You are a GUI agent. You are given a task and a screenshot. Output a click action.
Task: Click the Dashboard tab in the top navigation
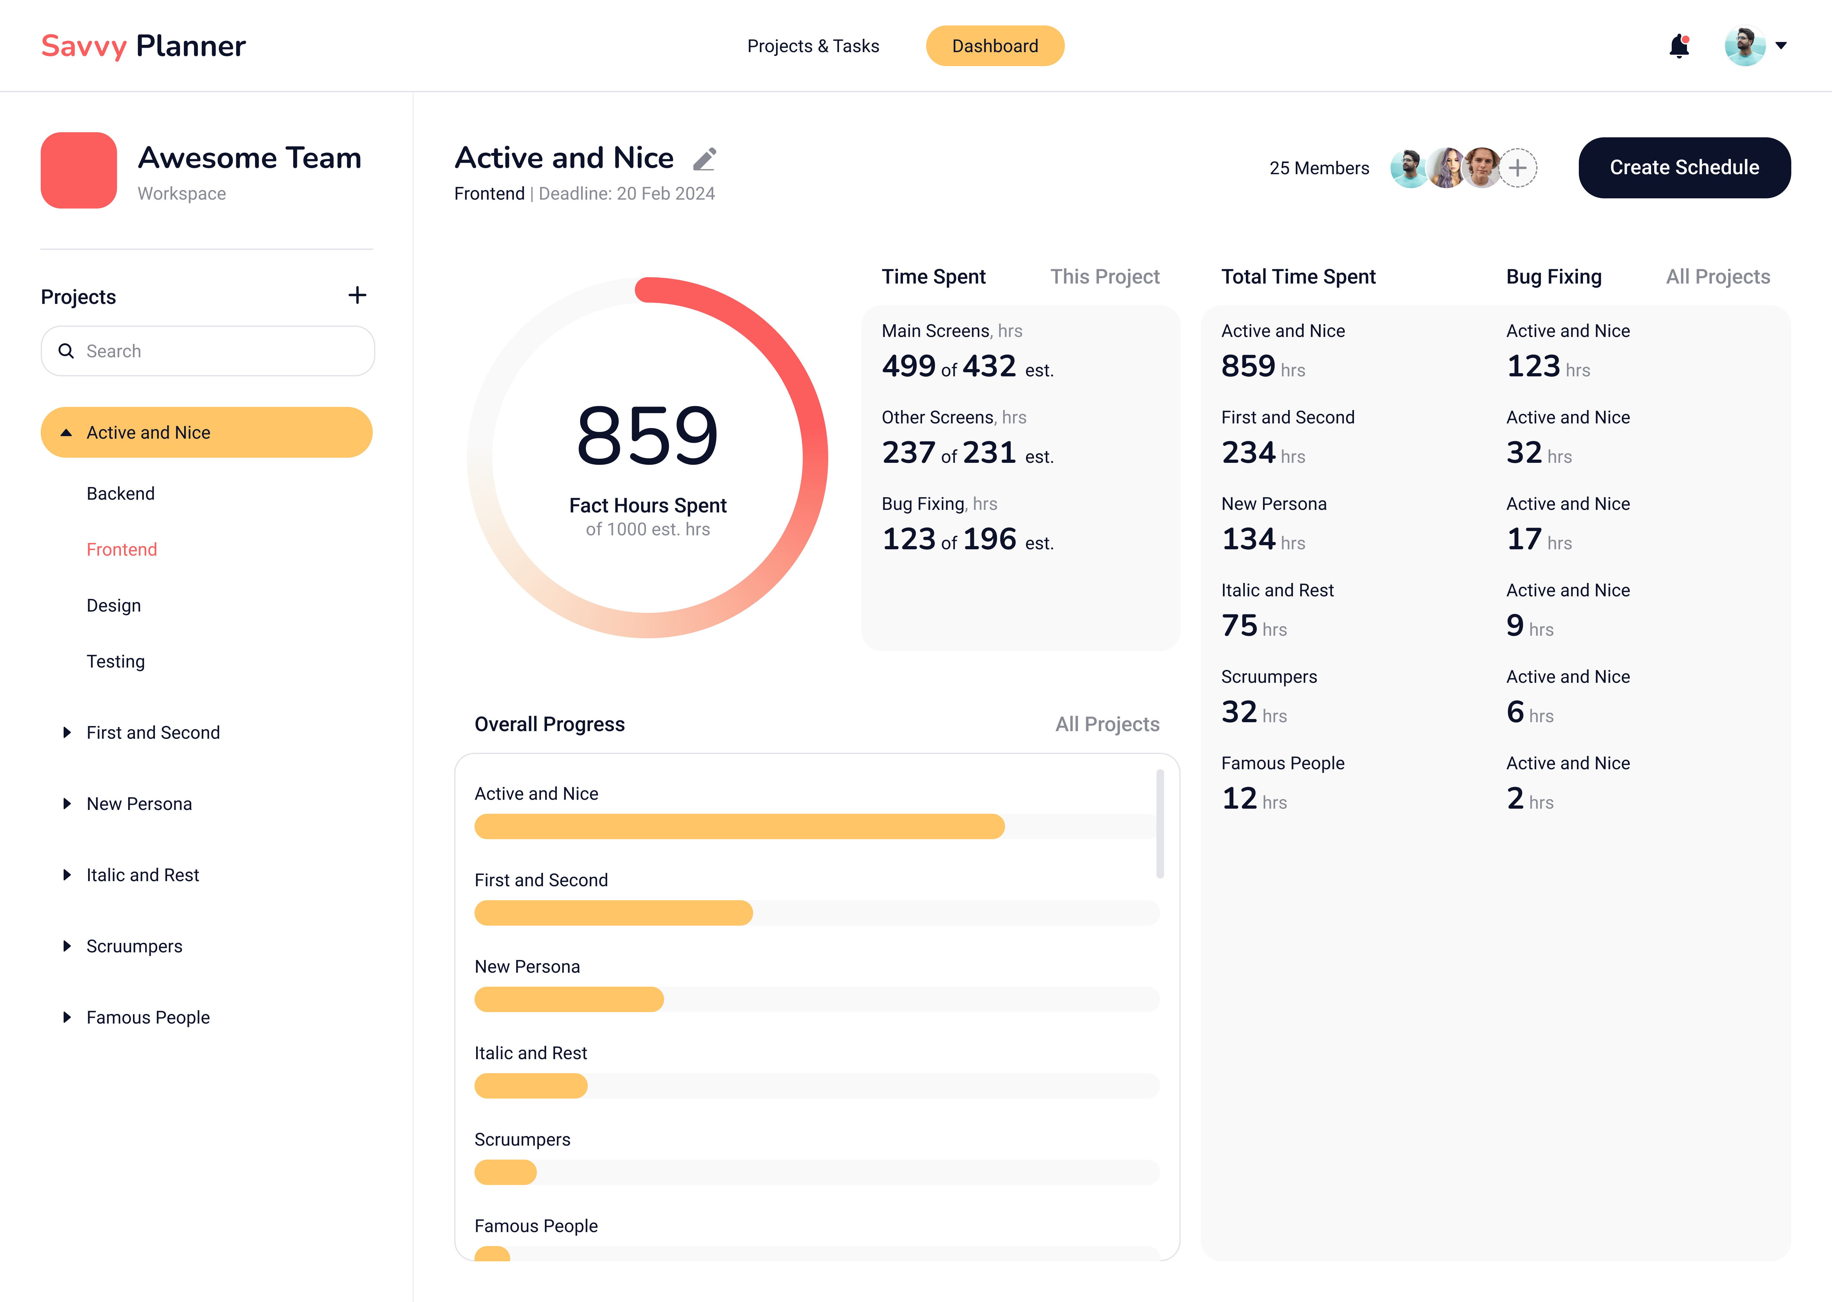tap(995, 46)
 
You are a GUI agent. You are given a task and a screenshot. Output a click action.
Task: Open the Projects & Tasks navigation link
tap(813, 46)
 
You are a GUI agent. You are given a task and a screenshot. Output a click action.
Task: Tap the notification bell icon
tap(1679, 46)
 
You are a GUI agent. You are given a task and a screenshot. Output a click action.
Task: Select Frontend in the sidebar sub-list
tap(122, 549)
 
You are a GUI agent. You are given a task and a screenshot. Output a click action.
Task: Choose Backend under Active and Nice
tap(120, 493)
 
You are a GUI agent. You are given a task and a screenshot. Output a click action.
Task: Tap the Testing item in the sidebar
tap(115, 661)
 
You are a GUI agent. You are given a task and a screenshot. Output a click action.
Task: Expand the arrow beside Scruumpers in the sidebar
tap(66, 946)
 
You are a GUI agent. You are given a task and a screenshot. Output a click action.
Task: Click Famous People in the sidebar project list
tap(148, 1018)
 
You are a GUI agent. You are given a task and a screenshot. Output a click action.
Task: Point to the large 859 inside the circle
tap(647, 435)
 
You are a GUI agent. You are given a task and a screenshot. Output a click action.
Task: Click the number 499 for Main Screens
tap(908, 367)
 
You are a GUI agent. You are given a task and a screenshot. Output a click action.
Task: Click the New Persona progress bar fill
tap(569, 999)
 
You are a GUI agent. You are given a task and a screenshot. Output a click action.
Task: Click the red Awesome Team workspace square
tap(79, 170)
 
